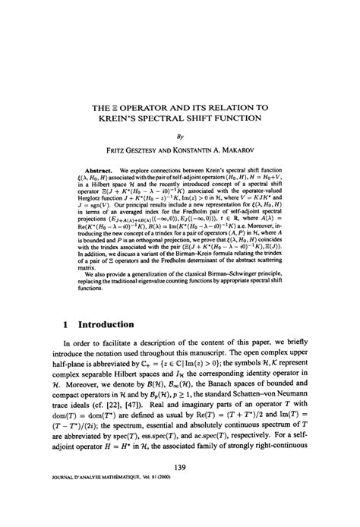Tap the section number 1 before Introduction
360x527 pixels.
coord(67,323)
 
